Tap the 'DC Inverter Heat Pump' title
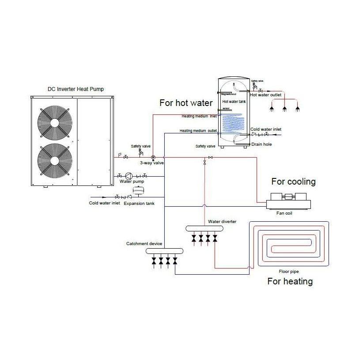tap(76, 89)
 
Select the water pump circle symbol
tap(129, 175)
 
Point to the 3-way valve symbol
tap(153, 157)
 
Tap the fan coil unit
tap(288, 202)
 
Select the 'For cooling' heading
tap(293, 181)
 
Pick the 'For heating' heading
tap(290, 281)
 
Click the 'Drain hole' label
tap(261, 144)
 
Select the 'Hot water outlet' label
tap(265, 95)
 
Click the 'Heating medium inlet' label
tap(199, 117)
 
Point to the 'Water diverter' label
tap(222, 221)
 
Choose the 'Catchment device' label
tap(144, 244)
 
